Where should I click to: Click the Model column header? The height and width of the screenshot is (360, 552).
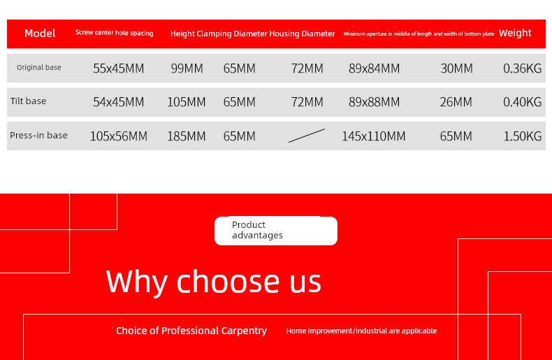click(x=40, y=34)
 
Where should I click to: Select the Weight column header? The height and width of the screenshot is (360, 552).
click(x=515, y=33)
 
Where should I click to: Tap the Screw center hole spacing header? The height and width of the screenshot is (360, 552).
click(x=115, y=33)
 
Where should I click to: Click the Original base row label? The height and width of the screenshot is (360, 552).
click(x=39, y=67)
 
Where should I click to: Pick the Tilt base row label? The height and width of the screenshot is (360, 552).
click(x=28, y=101)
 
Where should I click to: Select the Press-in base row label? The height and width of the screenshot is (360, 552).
click(x=38, y=136)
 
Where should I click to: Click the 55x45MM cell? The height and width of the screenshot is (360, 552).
click(x=119, y=69)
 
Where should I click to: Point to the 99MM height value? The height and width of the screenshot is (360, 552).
click(x=187, y=69)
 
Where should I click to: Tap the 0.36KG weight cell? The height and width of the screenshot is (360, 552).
click(x=523, y=69)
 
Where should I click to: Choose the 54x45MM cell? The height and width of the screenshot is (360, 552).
click(x=119, y=102)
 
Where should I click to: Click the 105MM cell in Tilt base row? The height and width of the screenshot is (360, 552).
click(x=187, y=102)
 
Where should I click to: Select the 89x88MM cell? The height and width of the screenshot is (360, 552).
click(x=375, y=102)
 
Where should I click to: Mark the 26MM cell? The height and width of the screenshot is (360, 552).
click(x=456, y=102)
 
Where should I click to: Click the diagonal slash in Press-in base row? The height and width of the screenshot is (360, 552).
click(x=307, y=136)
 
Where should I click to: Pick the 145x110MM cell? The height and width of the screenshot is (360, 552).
click(x=374, y=136)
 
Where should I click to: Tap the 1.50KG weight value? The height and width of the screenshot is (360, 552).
click(x=523, y=136)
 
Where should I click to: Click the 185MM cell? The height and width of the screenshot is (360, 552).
click(x=187, y=136)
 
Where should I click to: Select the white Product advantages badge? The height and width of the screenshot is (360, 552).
click(x=276, y=231)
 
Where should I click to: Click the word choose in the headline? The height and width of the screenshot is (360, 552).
click(x=228, y=282)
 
